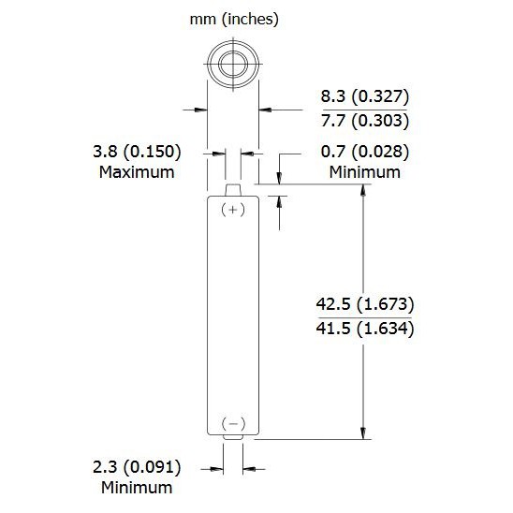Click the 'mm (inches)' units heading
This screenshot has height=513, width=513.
point(234,20)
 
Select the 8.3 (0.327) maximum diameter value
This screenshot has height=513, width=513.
point(365,96)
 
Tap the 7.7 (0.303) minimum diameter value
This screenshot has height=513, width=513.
point(365,121)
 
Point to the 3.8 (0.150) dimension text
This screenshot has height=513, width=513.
point(137,152)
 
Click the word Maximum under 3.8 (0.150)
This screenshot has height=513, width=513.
point(137,172)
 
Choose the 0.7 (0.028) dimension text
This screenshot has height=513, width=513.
point(365,152)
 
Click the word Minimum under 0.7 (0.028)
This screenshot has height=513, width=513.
point(365,172)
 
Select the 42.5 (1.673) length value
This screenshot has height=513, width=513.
point(365,304)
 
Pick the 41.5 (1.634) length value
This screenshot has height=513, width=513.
point(365,329)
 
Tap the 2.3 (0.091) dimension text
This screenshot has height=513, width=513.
point(137,467)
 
